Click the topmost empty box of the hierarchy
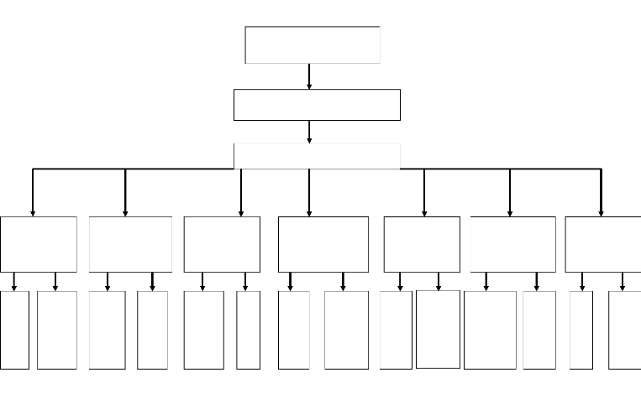pyautogui.click(x=313, y=44)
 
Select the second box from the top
pyautogui.click(x=317, y=105)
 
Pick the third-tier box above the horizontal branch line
pyautogui.click(x=317, y=155)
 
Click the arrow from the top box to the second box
pyautogui.click(x=309, y=76)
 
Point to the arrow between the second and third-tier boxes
pyautogui.click(x=309, y=132)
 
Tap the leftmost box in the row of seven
pyautogui.click(x=38, y=244)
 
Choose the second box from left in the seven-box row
pyautogui.click(x=130, y=244)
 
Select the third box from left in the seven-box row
pyautogui.click(x=222, y=244)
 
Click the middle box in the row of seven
pyautogui.click(x=323, y=244)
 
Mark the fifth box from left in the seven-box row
pyautogui.click(x=422, y=244)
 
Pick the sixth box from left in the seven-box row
pyautogui.click(x=512, y=244)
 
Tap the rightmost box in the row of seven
pyautogui.click(x=603, y=244)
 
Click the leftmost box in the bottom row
pyautogui.click(x=14, y=330)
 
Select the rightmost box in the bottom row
pyautogui.click(x=625, y=330)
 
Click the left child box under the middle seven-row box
pyautogui.click(x=293, y=330)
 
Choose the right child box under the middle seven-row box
pyautogui.click(x=346, y=330)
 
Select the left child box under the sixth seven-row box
pyautogui.click(x=490, y=330)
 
